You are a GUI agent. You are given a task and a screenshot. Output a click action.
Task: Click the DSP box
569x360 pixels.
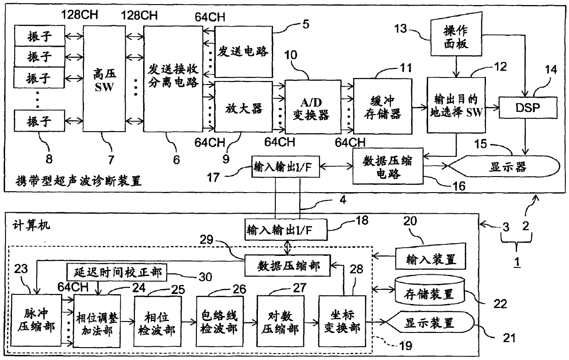[x=528, y=107]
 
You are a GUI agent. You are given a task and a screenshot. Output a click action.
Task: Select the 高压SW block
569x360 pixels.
[x=104, y=79]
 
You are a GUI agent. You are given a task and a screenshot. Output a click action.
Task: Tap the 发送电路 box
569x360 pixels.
[x=244, y=52]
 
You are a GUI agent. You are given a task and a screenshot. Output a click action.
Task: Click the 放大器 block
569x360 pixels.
[x=244, y=107]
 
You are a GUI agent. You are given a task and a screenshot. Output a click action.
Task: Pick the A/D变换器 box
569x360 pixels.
[x=312, y=107]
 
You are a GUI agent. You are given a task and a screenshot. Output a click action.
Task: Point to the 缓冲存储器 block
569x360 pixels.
[x=383, y=106]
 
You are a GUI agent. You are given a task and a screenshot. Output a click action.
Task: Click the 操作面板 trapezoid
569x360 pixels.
[x=456, y=35]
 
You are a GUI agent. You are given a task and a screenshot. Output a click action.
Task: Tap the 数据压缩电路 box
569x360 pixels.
[x=388, y=166]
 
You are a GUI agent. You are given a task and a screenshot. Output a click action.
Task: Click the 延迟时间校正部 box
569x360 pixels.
[x=117, y=272]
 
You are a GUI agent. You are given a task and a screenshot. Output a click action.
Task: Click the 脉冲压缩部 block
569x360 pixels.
[x=36, y=320]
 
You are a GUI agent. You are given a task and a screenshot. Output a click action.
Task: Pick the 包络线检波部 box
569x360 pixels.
[x=219, y=321]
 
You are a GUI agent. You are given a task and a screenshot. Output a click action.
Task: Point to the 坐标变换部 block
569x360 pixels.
[x=342, y=321]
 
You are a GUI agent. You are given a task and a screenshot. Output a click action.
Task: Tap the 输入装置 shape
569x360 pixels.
[x=430, y=256]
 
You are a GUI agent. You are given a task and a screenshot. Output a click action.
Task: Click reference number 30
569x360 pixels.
[x=205, y=277]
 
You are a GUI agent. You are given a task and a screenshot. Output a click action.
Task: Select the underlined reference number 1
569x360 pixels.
[x=517, y=261]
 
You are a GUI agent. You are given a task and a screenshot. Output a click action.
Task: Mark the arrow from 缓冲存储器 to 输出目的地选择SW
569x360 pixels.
[x=419, y=107]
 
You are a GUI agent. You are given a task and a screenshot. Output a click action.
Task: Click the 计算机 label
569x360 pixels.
[x=31, y=225]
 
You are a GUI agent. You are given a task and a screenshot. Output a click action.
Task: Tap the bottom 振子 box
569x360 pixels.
[x=39, y=121]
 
